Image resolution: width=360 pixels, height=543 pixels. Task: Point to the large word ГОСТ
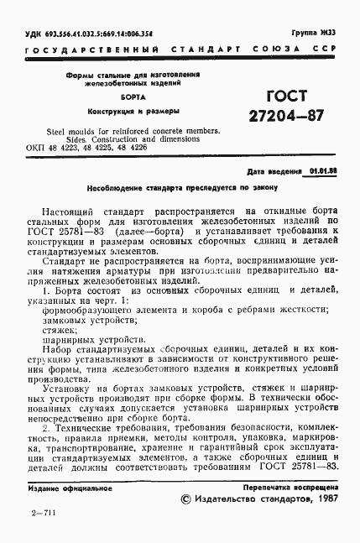[262, 96]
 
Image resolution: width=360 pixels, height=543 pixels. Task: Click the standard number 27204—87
[262, 117]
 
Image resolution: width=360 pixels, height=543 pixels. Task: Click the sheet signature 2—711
[40, 533]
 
